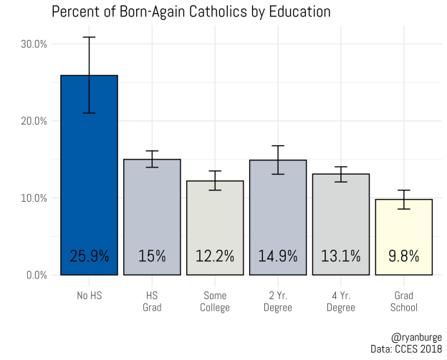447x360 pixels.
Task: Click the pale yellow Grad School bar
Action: (403, 229)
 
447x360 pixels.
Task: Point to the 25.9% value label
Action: (89, 256)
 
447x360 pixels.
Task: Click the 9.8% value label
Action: (403, 256)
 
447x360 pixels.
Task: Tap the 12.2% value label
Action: (215, 256)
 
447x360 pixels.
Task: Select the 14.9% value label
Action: (278, 256)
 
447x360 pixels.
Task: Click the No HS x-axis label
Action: (89, 296)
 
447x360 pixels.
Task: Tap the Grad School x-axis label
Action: (403, 301)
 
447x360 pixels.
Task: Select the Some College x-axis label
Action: (215, 301)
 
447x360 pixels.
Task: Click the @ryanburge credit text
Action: (416, 336)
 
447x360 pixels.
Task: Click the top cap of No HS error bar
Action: (89, 37)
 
